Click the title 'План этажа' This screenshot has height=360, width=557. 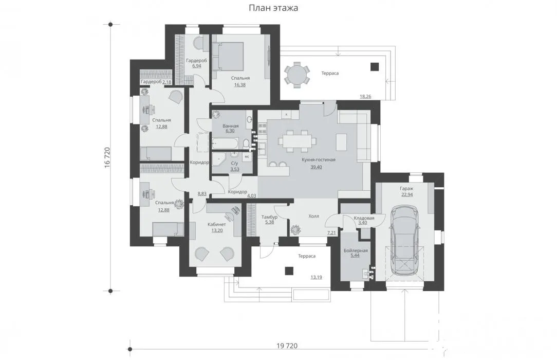[273, 8]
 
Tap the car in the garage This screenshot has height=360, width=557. [404, 241]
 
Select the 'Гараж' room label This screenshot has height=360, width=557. [407, 189]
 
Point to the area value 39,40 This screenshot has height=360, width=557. [316, 167]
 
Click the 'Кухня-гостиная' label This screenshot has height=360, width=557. [318, 160]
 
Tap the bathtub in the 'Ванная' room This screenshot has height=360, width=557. [226, 143]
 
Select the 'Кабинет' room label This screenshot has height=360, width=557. [216, 225]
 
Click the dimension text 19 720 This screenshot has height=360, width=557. [287, 346]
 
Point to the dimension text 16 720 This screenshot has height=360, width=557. [107, 158]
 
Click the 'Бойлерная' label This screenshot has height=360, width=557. [356, 250]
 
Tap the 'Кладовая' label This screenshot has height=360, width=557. [364, 218]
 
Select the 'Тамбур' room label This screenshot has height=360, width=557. [269, 217]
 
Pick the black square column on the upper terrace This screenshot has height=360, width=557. [375, 66]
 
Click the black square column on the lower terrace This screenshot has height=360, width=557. [289, 271]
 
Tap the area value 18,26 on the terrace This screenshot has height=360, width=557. [365, 96]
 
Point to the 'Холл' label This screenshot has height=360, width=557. [313, 216]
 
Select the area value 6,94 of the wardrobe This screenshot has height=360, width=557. [196, 66]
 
